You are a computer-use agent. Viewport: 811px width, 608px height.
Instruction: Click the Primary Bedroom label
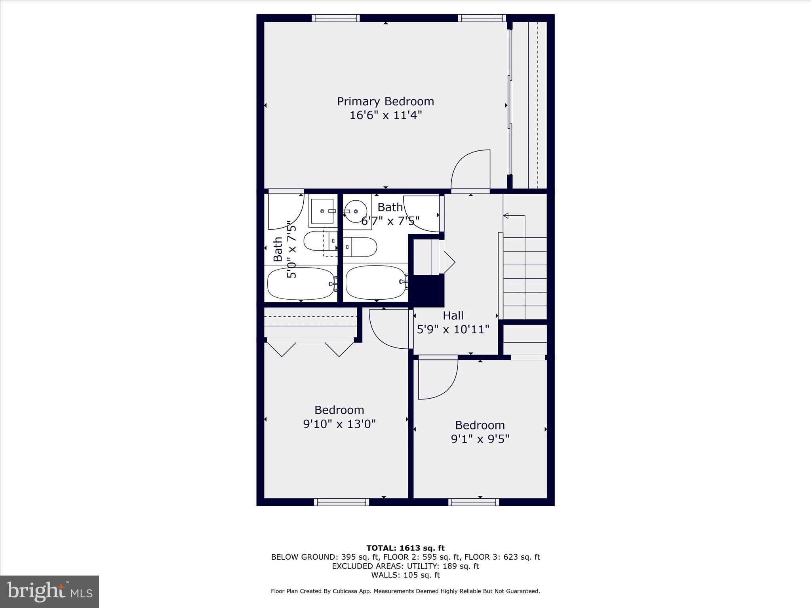click(385, 101)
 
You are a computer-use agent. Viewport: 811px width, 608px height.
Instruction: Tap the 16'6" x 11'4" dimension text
click(385, 116)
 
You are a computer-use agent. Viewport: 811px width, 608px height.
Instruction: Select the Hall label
click(453, 315)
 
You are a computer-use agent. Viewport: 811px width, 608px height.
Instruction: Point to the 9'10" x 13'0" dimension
click(339, 424)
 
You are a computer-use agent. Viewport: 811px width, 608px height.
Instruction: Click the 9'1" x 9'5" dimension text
click(480, 439)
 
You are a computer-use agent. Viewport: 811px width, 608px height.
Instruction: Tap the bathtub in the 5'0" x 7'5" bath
click(301, 283)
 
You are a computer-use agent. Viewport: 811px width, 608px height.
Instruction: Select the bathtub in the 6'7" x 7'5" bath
click(376, 282)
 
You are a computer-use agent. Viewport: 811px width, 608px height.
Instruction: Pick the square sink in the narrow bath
click(322, 211)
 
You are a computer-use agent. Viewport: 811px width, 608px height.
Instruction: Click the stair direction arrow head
click(506, 216)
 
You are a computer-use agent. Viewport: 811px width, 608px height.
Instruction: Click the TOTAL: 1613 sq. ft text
click(405, 548)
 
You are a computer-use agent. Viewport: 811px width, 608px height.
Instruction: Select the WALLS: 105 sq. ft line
click(405, 575)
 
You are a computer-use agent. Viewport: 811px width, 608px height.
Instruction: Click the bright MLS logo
click(49, 591)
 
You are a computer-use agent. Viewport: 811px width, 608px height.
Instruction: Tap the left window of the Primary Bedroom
click(335, 18)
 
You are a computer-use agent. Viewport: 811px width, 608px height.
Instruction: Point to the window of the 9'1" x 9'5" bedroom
click(474, 502)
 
